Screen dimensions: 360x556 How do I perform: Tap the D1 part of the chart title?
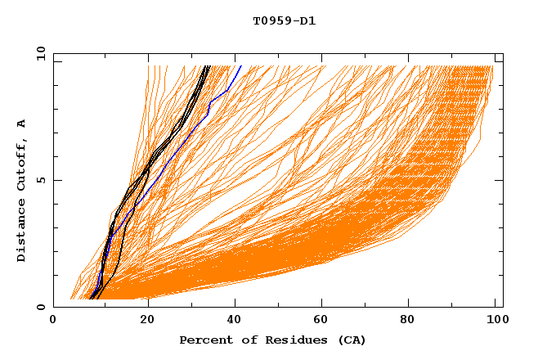click(307, 21)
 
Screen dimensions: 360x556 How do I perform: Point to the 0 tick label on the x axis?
click(53, 321)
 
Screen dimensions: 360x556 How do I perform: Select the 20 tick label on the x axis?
click(147, 321)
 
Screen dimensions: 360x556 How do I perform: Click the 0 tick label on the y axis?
click(41, 307)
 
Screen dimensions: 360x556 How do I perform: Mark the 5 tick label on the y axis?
click(41, 180)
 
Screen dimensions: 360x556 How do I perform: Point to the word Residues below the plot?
click(291, 340)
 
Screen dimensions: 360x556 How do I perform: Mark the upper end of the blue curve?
click(240, 66)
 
